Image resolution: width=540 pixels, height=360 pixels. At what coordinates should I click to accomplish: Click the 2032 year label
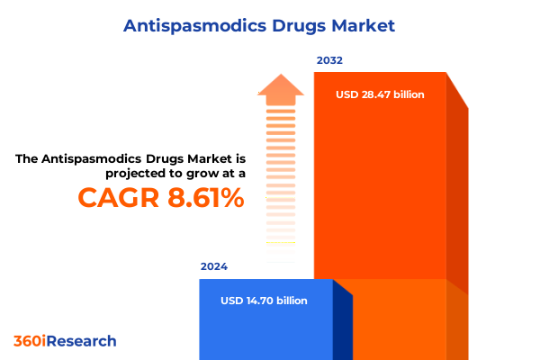[329, 60]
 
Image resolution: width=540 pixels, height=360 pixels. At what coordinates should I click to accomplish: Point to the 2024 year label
[214, 267]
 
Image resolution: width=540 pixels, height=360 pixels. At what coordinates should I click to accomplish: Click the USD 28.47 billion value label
[380, 94]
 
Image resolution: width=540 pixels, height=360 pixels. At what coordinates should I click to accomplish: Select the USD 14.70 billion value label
[264, 301]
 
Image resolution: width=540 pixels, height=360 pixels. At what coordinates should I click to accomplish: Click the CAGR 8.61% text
[161, 197]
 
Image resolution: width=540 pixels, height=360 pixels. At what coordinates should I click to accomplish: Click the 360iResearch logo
[65, 341]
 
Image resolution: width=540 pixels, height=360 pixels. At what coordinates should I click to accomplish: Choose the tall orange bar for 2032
[380, 180]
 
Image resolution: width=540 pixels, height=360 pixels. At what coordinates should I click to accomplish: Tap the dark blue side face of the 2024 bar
[343, 324]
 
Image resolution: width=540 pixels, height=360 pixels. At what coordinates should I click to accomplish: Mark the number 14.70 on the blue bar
[265, 301]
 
